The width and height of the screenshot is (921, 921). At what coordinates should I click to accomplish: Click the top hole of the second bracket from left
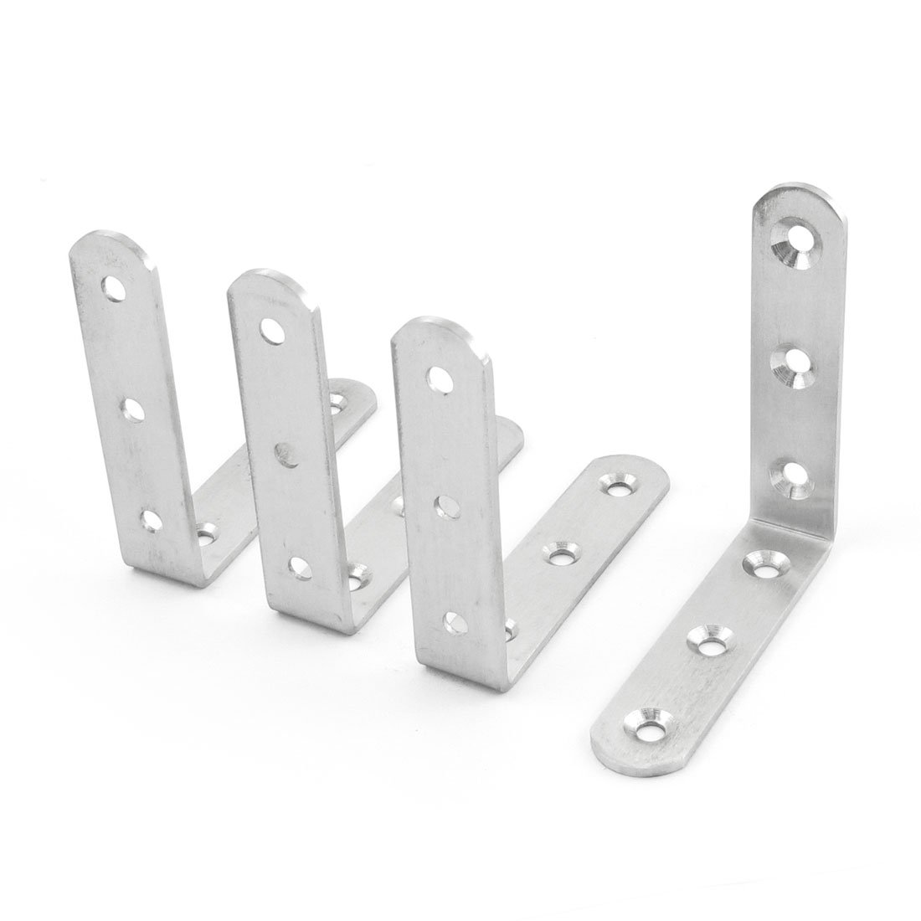(270, 327)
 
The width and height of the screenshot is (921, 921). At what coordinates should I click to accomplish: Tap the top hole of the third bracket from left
(436, 378)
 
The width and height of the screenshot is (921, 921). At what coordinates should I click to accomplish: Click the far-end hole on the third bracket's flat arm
(619, 484)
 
